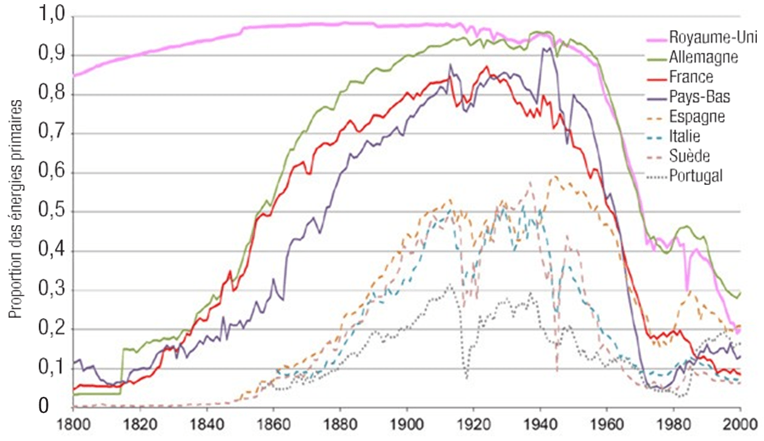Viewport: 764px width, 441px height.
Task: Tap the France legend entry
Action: [x=691, y=77]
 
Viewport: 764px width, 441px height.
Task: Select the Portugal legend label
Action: [x=696, y=175]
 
